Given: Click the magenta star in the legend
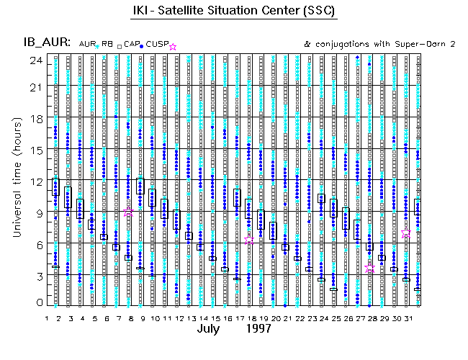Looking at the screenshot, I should tap(172, 47).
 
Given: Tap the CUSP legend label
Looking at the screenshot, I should tap(158, 45).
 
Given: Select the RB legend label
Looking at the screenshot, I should tap(107, 45).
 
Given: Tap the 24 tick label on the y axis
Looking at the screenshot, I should tap(34, 60).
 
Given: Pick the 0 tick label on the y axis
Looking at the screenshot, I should tap(37, 303).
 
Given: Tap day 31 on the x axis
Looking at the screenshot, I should tap(406, 318).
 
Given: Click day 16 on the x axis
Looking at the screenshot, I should tap(226, 318).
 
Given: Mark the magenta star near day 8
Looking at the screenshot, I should tap(129, 212).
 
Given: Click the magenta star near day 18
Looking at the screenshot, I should tap(249, 240).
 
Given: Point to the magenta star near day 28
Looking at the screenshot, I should tap(370, 267).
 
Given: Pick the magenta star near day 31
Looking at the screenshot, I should tap(406, 233).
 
